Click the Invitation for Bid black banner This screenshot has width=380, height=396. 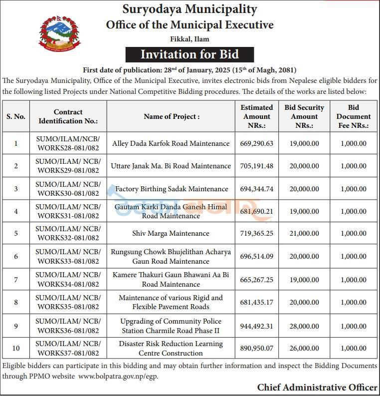click(x=190, y=54)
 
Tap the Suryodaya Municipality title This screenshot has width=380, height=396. click(x=190, y=9)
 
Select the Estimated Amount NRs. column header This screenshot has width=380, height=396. click(x=257, y=116)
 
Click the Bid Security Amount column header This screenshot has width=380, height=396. click(x=304, y=116)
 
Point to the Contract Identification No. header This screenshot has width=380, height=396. click(x=68, y=116)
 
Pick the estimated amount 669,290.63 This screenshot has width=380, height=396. click(x=257, y=143)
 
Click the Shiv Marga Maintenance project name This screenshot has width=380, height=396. click(x=171, y=234)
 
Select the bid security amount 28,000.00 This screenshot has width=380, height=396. click(x=304, y=326)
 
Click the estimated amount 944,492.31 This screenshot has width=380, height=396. click(x=257, y=326)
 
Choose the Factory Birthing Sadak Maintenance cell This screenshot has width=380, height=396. click(x=171, y=189)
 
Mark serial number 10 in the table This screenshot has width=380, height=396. click(x=16, y=348)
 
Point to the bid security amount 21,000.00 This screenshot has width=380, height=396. click(x=304, y=234)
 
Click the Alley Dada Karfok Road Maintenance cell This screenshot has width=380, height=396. click(x=171, y=143)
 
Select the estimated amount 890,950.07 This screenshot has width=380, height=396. click(x=257, y=348)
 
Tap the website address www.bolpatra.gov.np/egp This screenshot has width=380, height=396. click(x=118, y=376)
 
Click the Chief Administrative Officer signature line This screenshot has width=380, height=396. click(x=317, y=387)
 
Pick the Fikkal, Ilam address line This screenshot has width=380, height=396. click(x=190, y=39)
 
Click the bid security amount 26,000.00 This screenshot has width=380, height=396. click(x=304, y=348)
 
